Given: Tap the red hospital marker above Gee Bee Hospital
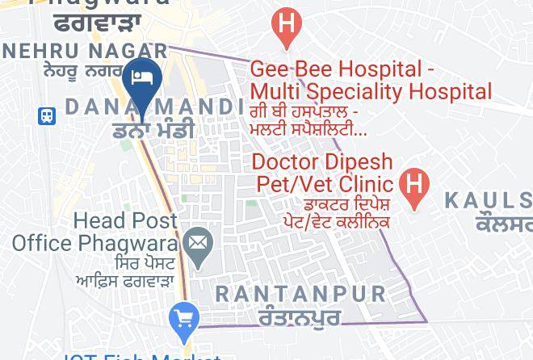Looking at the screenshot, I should (285, 23).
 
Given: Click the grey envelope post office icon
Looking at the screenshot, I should (197, 241).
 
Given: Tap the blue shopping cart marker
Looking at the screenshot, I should (185, 318).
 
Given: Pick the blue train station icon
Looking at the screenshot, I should (48, 115).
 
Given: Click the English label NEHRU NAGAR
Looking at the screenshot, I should (84, 51).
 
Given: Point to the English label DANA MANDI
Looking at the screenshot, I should (153, 107).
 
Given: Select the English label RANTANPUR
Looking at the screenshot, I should (300, 293).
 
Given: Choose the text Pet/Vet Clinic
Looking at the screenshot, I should (325, 183).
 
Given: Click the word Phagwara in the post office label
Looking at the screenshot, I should (140, 241).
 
